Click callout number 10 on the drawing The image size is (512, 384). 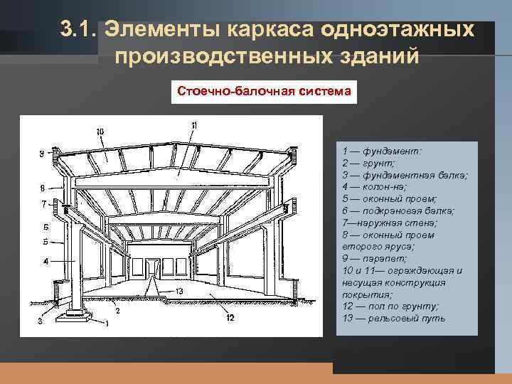(x=100, y=132)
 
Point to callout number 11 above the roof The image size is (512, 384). (x=193, y=126)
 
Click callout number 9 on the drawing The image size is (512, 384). (x=42, y=153)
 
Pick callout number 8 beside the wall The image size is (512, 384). (x=42, y=188)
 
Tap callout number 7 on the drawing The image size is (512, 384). (x=42, y=204)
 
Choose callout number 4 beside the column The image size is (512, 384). (x=44, y=261)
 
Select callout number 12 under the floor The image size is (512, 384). (x=229, y=318)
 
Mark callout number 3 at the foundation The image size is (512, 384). (x=41, y=321)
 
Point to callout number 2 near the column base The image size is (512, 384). (x=117, y=311)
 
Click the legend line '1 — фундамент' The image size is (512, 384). (x=382, y=151)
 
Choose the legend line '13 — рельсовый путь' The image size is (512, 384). (x=393, y=319)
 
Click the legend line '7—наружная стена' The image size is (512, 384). (x=390, y=223)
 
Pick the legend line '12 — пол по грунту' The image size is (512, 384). (x=390, y=306)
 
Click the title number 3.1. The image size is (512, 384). (x=78, y=31)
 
